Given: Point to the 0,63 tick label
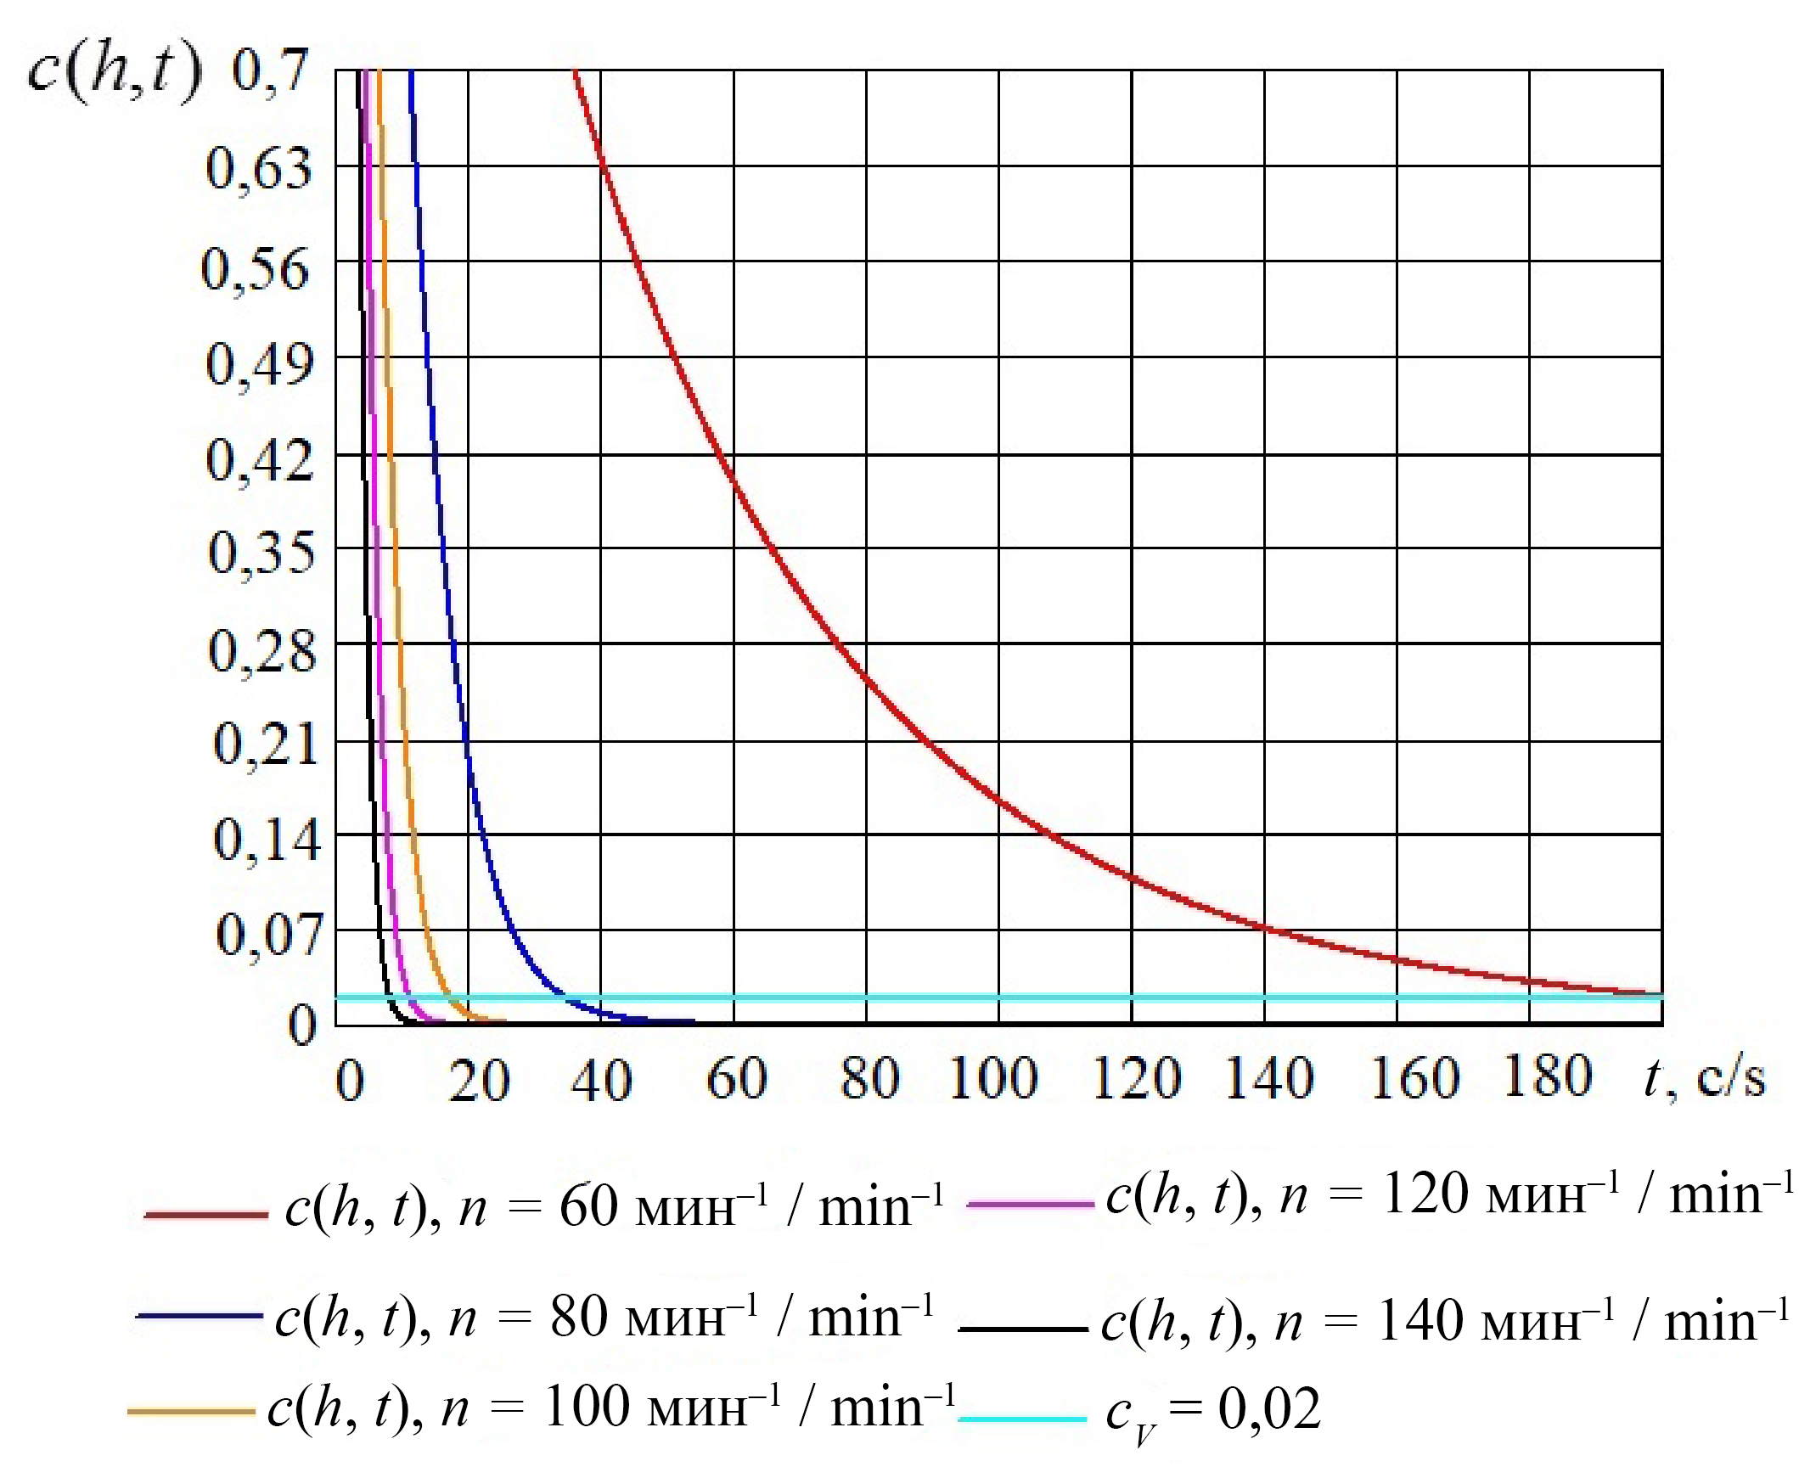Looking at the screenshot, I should point(259,168).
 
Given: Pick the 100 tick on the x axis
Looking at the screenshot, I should point(993,1079).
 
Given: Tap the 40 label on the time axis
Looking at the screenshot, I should point(601,1081).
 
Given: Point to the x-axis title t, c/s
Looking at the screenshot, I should point(1704,1078).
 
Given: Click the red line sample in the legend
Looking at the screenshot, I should point(206,1214).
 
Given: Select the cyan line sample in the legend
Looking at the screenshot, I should point(1022,1419).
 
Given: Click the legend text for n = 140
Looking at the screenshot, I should point(1446,1322).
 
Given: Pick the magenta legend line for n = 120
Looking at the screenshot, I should point(1030,1204).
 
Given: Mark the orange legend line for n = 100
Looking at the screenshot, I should point(191,1412).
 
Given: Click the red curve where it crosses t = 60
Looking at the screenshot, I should point(734,478).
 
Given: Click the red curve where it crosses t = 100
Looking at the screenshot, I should point(998,799).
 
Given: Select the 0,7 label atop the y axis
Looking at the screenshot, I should point(269,70).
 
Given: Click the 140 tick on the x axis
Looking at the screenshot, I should point(1268,1079).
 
